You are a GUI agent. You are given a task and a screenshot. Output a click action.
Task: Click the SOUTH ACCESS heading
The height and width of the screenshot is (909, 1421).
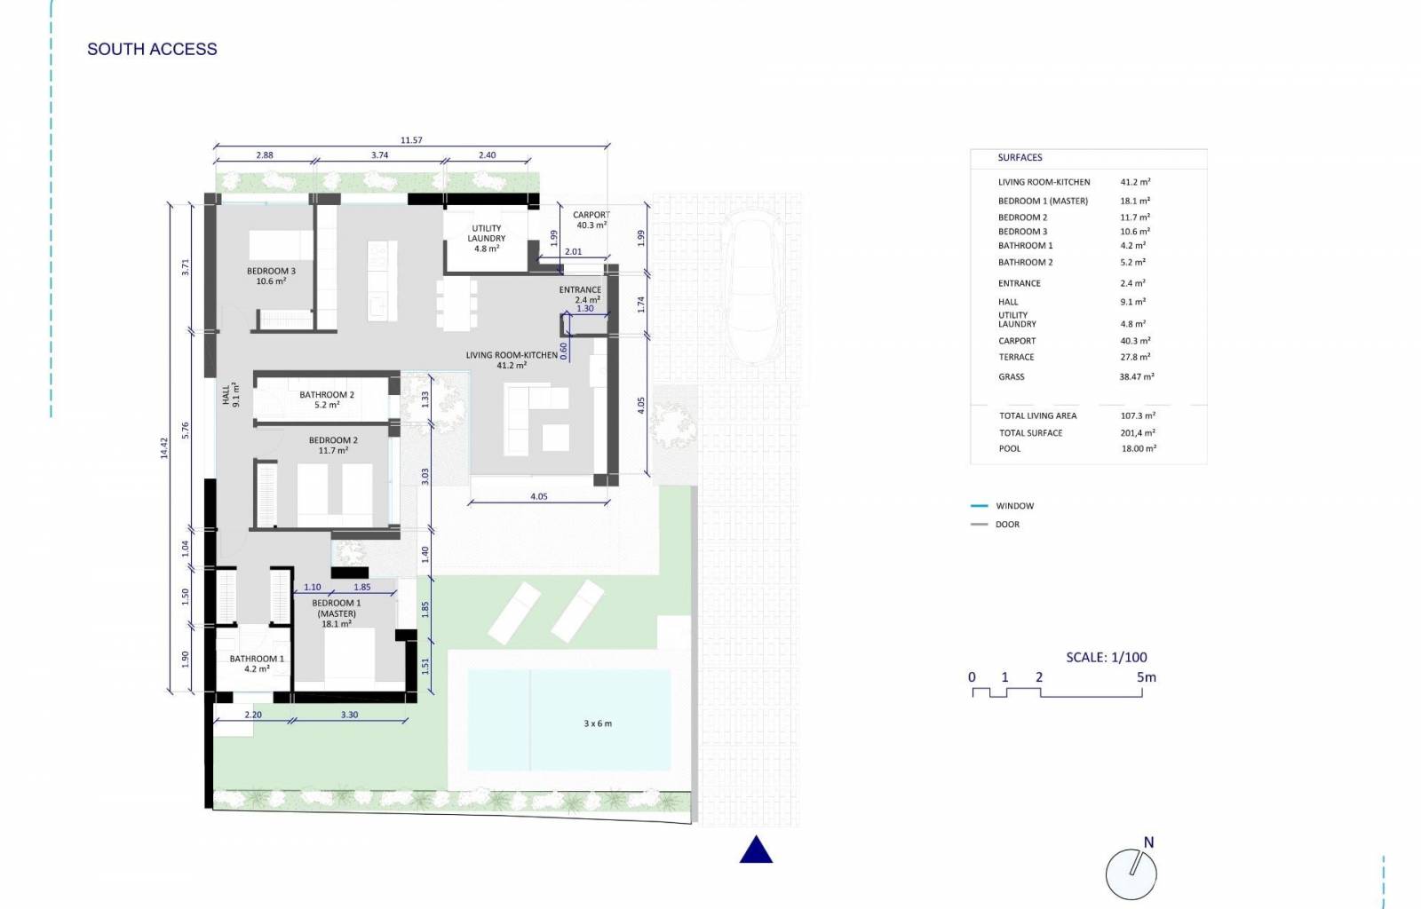click(x=152, y=49)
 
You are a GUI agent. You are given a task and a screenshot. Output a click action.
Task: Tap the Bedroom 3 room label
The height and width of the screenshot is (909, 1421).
click(x=271, y=276)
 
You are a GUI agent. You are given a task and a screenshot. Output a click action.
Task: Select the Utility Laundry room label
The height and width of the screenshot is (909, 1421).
click(x=487, y=238)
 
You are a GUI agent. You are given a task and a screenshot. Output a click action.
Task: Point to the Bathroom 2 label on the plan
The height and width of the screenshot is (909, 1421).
click(x=327, y=399)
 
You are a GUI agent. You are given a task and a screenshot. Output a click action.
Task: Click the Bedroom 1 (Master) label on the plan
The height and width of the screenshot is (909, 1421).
click(x=337, y=613)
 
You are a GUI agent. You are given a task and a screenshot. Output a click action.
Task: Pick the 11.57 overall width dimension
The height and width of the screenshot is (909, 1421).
click(x=411, y=140)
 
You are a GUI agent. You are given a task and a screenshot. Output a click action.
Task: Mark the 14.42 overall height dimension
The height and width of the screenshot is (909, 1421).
click(x=164, y=447)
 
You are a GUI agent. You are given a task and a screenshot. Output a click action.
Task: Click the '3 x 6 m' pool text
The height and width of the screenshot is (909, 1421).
click(x=598, y=723)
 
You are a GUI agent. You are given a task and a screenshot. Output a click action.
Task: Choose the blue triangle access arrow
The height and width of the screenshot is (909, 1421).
click(x=756, y=850)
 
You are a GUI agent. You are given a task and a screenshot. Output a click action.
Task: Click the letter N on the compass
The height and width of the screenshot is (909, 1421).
click(x=1148, y=842)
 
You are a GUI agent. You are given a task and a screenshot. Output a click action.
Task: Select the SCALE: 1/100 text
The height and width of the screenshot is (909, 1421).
click(x=1107, y=658)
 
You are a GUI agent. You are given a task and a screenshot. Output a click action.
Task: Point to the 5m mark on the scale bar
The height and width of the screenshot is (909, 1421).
click(x=1147, y=677)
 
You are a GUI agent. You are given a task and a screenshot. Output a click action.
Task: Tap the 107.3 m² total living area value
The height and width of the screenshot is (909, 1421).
click(x=1138, y=415)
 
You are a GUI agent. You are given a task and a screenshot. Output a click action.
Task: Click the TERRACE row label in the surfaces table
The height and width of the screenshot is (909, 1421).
click(x=1016, y=357)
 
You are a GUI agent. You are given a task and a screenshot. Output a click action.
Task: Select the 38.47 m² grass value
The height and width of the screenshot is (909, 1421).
click(x=1137, y=376)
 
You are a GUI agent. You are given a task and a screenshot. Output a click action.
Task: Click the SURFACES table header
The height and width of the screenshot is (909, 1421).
click(x=1020, y=157)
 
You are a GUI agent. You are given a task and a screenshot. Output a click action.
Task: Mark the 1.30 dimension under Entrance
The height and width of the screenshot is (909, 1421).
click(x=585, y=309)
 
